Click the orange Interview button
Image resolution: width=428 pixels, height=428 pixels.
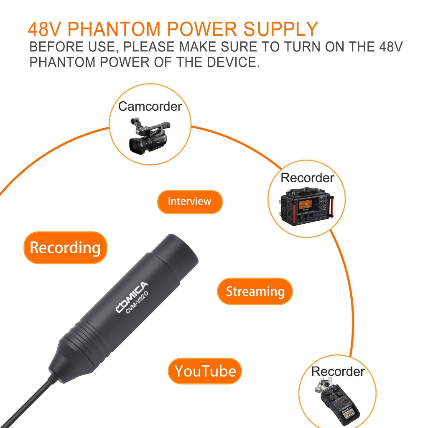click(x=190, y=201)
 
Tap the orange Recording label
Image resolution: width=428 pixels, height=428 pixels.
click(x=65, y=248)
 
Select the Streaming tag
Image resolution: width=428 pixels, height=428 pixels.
click(x=255, y=291)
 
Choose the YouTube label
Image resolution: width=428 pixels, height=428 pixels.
click(x=205, y=371)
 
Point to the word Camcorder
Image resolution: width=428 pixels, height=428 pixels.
click(x=150, y=106)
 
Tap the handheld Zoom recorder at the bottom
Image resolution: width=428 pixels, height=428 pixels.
click(x=336, y=402)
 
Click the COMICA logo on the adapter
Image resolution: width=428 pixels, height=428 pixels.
click(x=132, y=297)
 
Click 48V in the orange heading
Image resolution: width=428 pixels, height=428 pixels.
click(x=45, y=29)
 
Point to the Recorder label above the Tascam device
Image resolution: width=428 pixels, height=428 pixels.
click(x=307, y=178)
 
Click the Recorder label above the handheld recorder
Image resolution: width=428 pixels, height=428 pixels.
click(x=338, y=371)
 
